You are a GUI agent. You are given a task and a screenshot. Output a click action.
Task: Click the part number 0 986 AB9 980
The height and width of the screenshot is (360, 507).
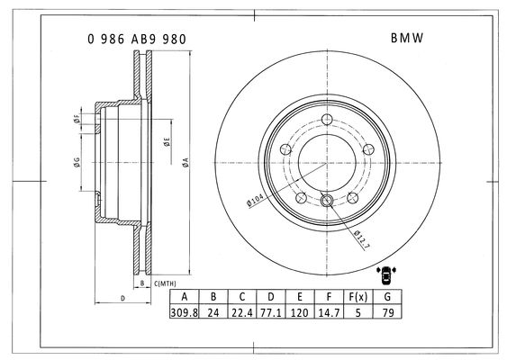pyautogui.click(x=137, y=39)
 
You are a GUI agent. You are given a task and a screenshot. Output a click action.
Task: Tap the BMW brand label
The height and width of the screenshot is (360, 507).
pyautogui.click(x=407, y=38)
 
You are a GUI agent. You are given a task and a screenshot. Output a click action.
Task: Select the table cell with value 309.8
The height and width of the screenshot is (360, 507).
pyautogui.click(x=185, y=312)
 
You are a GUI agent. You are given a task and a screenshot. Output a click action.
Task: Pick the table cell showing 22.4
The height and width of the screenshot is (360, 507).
pyautogui.click(x=242, y=312)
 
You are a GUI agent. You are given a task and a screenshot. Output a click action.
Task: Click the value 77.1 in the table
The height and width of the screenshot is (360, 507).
pyautogui.click(x=271, y=312)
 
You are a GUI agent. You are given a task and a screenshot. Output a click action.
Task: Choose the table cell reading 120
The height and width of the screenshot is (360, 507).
pyautogui.click(x=299, y=312)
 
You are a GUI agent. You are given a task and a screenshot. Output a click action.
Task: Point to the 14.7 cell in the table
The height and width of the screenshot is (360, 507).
pyautogui.click(x=329, y=312)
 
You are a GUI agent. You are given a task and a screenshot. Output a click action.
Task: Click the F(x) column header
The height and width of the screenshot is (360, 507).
pyautogui.click(x=358, y=297)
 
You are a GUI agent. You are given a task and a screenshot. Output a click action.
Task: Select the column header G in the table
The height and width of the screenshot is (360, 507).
pyautogui.click(x=387, y=297)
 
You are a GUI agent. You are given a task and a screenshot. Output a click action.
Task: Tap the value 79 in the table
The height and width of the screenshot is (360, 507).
pyautogui.click(x=387, y=312)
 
